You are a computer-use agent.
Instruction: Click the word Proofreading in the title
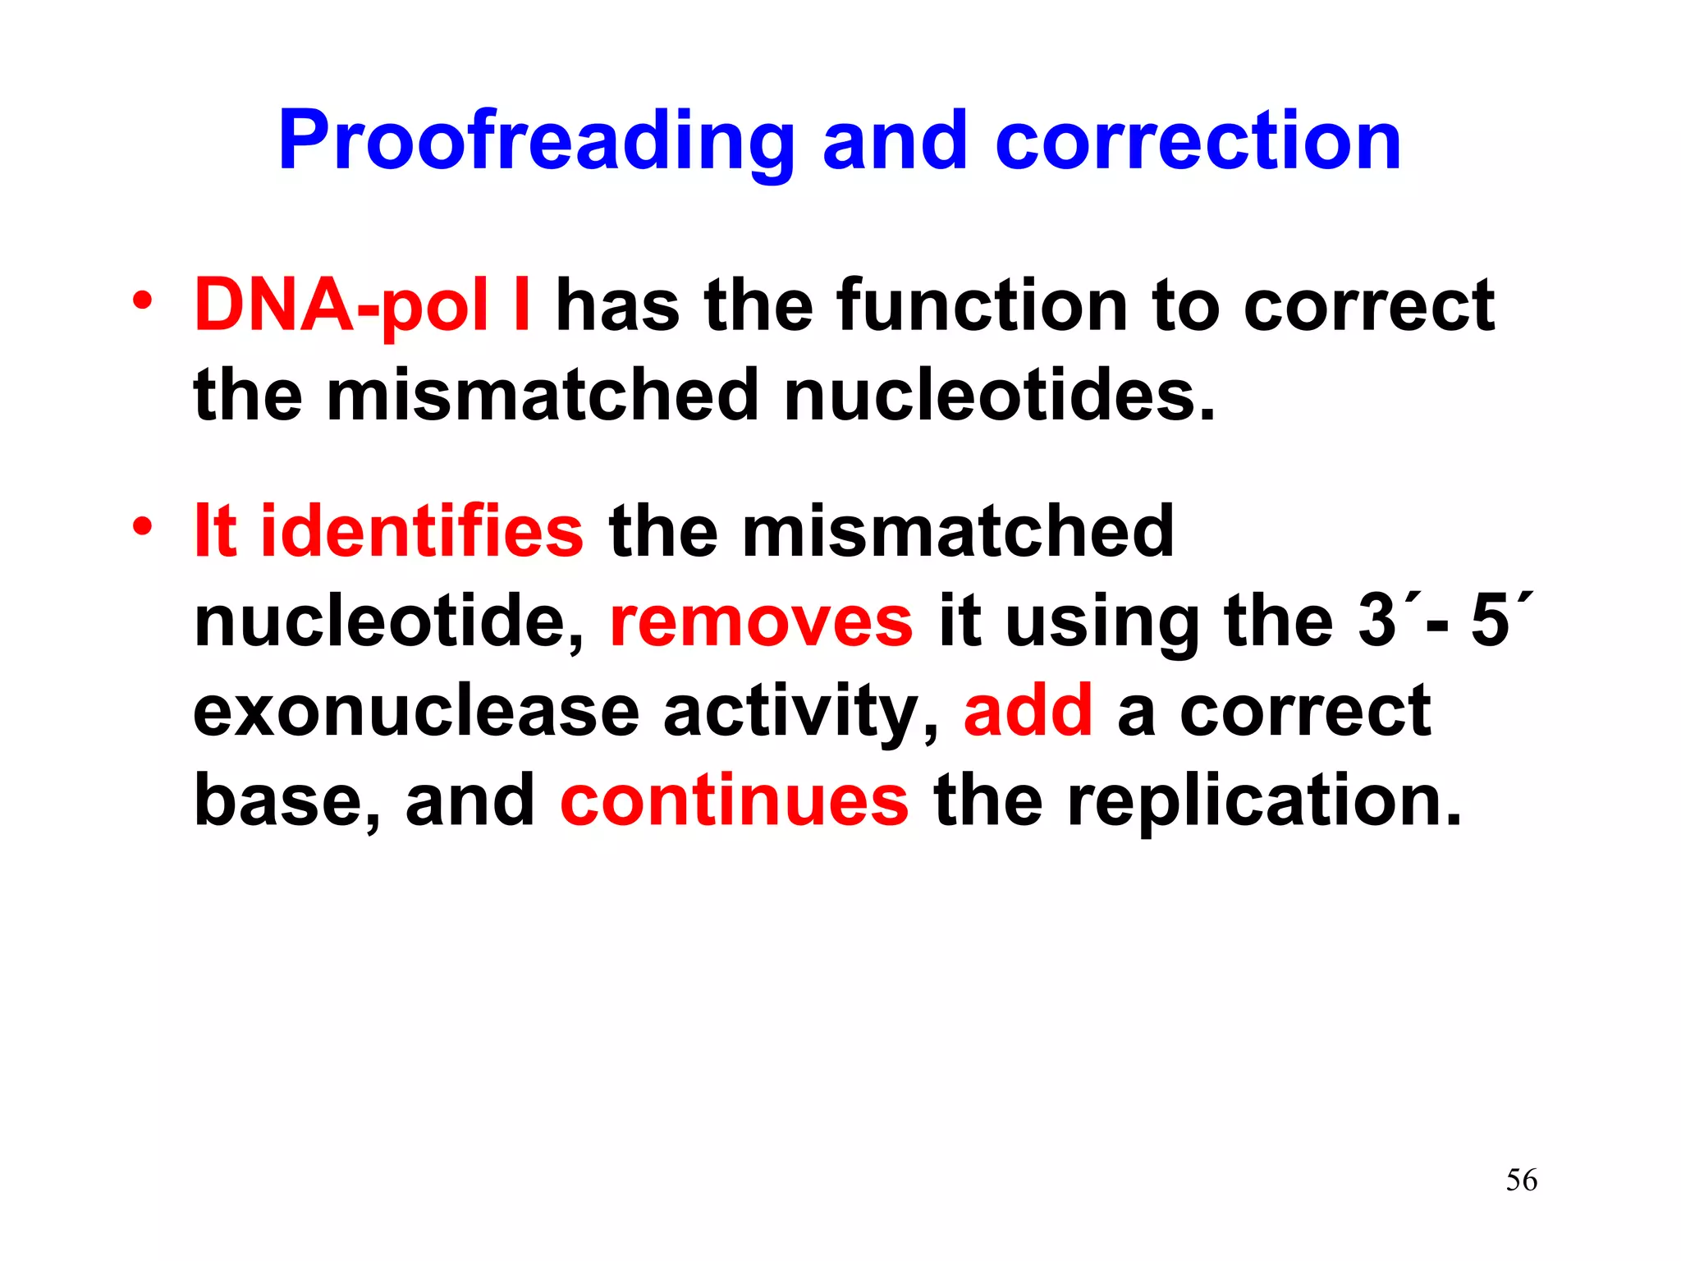pyautogui.click(x=536, y=141)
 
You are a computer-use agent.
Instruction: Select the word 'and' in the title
pyautogui.click(x=895, y=141)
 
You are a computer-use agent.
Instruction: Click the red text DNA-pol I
pyautogui.click(x=362, y=305)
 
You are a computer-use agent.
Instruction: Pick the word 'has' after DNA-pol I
pyautogui.click(x=617, y=305)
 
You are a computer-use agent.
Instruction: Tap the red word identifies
pyautogui.click(x=421, y=531)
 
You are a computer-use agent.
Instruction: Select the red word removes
pyautogui.click(x=761, y=621)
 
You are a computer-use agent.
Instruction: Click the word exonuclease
pyautogui.click(x=416, y=711)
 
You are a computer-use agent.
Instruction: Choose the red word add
pyautogui.click(x=1028, y=711)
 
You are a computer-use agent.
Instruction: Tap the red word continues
pyautogui.click(x=734, y=800)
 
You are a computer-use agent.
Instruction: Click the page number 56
pyautogui.click(x=1521, y=1181)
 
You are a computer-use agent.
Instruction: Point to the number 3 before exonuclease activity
pyautogui.click(x=1376, y=621)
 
